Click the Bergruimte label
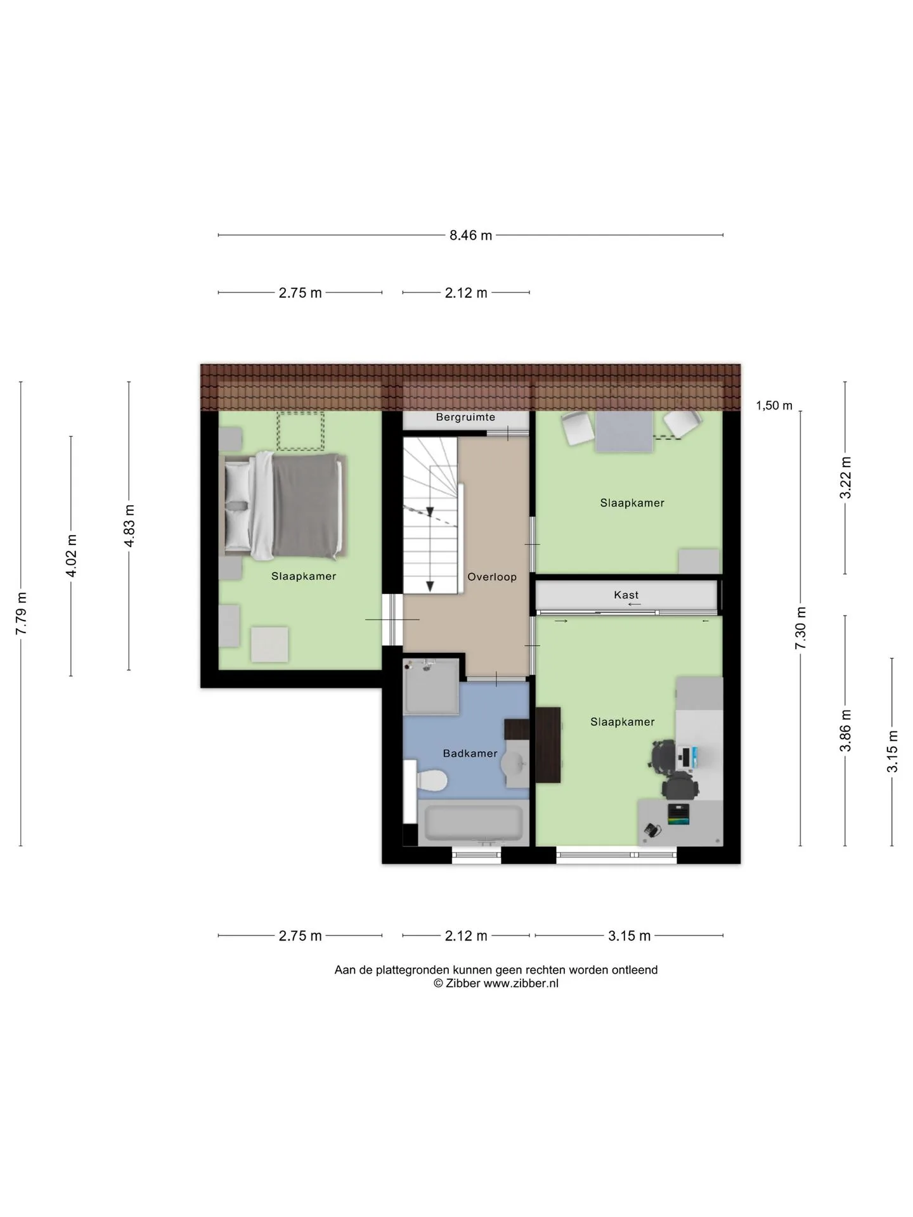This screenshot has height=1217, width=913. [465, 417]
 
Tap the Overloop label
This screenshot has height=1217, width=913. [492, 577]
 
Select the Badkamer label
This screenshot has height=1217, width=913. [470, 753]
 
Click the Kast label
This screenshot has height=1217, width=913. [626, 595]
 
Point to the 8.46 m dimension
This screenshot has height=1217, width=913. [471, 235]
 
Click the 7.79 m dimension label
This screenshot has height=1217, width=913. [22, 614]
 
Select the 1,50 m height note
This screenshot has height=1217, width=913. [774, 406]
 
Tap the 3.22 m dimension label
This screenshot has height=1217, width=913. [845, 477]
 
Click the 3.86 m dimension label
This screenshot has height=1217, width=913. [845, 731]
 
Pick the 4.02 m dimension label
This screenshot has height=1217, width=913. [71, 556]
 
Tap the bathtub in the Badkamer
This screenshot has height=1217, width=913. [474, 822]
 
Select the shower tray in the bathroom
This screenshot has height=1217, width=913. [431, 687]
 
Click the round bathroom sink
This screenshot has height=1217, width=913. [515, 764]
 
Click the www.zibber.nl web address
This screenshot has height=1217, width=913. [521, 983]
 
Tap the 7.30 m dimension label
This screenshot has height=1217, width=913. [801, 628]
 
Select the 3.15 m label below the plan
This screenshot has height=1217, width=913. [630, 936]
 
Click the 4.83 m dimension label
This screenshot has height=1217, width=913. [129, 525]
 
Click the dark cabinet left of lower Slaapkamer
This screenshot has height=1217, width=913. [548, 745]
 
